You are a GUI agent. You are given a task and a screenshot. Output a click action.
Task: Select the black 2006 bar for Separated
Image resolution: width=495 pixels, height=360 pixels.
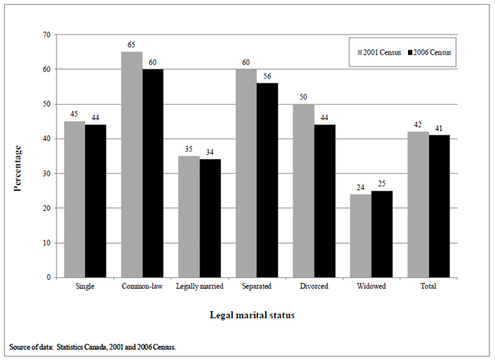coord(267,180)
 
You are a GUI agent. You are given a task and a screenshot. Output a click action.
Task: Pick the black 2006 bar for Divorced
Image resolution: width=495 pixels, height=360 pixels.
coord(325,201)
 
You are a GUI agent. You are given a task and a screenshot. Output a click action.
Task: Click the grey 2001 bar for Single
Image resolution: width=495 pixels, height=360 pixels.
coord(74,199)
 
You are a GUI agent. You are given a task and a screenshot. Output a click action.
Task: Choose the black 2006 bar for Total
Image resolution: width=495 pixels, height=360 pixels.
coord(439,206)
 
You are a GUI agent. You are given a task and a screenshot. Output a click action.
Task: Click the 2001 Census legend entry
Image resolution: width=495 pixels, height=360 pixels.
coord(380,52)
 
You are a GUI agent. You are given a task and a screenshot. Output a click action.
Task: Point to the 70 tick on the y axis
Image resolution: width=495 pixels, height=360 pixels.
coord(46,35)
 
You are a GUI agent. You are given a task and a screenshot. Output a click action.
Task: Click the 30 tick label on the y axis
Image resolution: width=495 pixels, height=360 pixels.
coord(46,173)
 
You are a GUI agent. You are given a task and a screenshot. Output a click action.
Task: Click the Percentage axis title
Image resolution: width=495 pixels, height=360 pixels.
coord(17,168)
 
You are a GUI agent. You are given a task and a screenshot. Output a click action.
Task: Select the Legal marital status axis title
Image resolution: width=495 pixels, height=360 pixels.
coord(252,315)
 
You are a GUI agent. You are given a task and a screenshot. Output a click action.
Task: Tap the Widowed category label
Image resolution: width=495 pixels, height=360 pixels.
coord(371,286)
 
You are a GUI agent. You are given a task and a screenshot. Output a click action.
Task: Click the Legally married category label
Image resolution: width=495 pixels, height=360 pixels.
coord(200,286)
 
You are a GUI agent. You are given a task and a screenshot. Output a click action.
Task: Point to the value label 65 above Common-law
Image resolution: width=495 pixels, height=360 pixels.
coord(132,45)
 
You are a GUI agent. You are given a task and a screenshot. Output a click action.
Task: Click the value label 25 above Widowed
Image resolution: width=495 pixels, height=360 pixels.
coord(383,184)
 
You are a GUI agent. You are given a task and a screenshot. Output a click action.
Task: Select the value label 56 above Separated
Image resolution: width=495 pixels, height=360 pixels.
coord(268,76)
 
